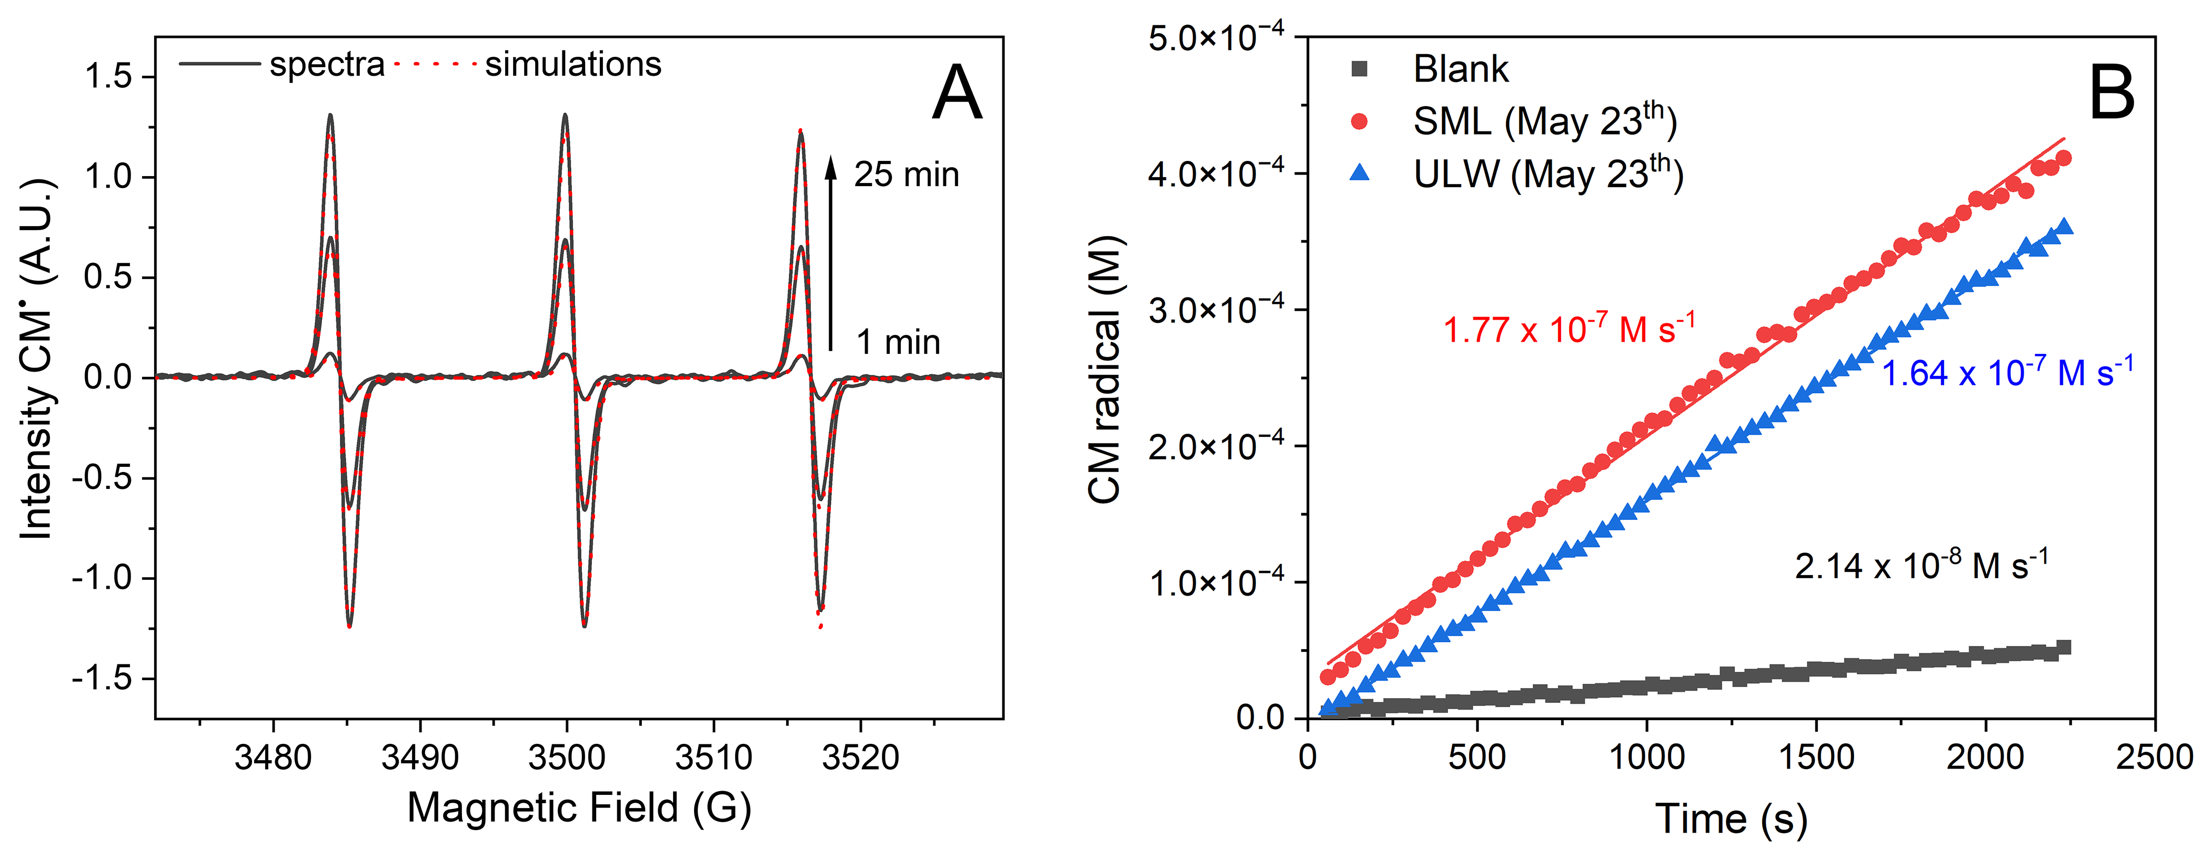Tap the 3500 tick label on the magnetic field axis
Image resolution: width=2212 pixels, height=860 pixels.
tap(567, 757)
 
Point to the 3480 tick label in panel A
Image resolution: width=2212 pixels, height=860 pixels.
tap(273, 757)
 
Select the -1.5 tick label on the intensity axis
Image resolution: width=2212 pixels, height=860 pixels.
tap(113, 679)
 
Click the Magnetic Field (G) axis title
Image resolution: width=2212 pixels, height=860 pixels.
tap(579, 807)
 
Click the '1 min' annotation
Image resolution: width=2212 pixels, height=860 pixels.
tap(898, 342)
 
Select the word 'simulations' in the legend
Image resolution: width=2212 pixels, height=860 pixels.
tap(573, 64)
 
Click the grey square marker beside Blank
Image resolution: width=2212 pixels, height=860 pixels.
tap(1359, 69)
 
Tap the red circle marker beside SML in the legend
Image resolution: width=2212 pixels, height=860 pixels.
tap(1359, 121)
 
